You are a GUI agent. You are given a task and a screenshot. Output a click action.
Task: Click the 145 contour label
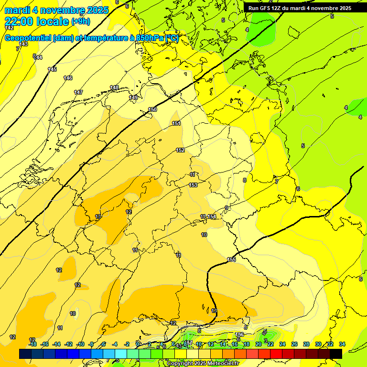(52, 69)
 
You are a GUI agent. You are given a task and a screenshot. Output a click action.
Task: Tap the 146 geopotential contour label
(68, 78)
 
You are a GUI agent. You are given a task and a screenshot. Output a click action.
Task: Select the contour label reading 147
(78, 92)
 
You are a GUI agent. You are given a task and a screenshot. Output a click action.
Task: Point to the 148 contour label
(114, 87)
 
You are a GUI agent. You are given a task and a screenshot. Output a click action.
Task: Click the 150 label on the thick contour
(152, 110)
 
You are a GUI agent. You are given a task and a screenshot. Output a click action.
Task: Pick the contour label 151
(176, 124)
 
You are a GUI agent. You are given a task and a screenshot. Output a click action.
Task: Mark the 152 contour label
(180, 151)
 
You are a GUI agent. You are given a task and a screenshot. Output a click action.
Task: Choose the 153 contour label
(193, 185)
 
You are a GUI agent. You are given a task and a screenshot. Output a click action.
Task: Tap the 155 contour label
(231, 259)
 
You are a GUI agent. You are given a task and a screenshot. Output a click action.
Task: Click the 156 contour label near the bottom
(239, 335)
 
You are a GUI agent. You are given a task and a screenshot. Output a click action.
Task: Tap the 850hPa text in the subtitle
(148, 38)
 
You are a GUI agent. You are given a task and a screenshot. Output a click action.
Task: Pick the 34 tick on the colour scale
(342, 344)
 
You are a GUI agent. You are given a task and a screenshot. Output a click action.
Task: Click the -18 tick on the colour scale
(32, 344)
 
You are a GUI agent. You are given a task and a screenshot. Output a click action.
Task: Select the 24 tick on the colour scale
(282, 344)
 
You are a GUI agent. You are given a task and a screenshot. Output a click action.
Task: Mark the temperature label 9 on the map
(227, 207)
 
